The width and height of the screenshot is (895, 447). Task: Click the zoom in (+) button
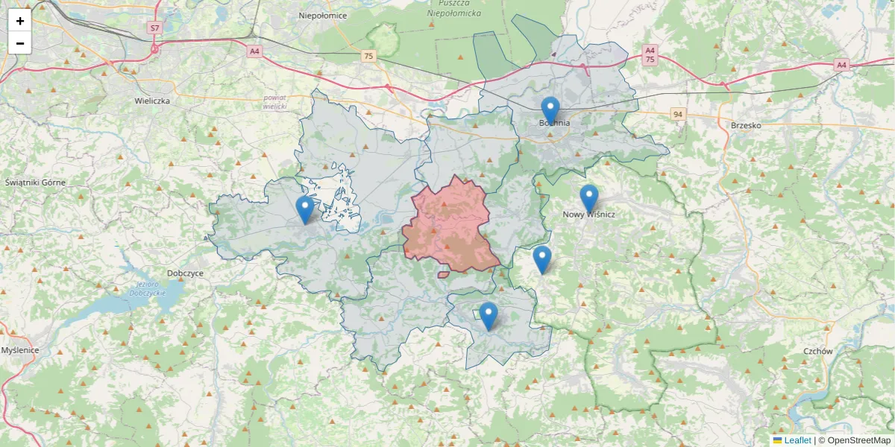pos(20,21)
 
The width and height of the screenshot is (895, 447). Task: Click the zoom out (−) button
pos(20,43)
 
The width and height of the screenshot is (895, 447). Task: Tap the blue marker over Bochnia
pos(550,111)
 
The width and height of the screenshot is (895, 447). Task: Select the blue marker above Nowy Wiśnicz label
pos(589,198)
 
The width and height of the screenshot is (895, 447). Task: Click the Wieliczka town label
pos(153,100)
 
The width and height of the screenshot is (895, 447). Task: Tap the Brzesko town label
pos(746,125)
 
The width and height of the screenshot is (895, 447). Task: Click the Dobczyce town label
pos(185,273)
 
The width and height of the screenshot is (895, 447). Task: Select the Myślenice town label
pos(20,349)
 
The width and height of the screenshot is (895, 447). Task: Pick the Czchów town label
pos(817,350)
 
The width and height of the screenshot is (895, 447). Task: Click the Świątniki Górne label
pos(35,183)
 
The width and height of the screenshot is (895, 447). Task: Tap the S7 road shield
pos(154,28)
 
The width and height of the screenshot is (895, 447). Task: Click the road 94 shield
pos(677,114)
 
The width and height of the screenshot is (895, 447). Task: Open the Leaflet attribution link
pos(797,440)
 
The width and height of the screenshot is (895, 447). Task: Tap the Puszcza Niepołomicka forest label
pos(455,8)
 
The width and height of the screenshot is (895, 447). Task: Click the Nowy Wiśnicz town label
pos(589,215)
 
